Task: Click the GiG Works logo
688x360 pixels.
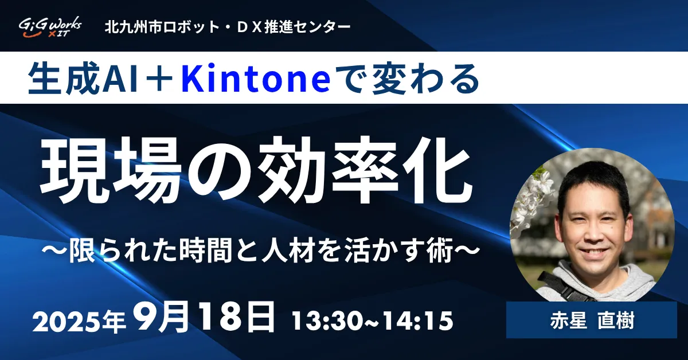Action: [x=50, y=27]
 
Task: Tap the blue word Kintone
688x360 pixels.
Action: [x=256, y=79]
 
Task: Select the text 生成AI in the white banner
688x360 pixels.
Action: [x=83, y=79]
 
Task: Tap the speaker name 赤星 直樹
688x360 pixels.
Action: [x=592, y=321]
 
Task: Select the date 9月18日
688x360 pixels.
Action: [x=204, y=317]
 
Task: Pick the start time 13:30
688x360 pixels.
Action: [x=328, y=321]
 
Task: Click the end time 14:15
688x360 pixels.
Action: [x=417, y=321]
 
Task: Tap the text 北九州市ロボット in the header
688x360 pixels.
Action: [x=162, y=27]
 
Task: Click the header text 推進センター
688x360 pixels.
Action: [x=307, y=27]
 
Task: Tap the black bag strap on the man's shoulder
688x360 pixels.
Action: [x=562, y=285]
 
